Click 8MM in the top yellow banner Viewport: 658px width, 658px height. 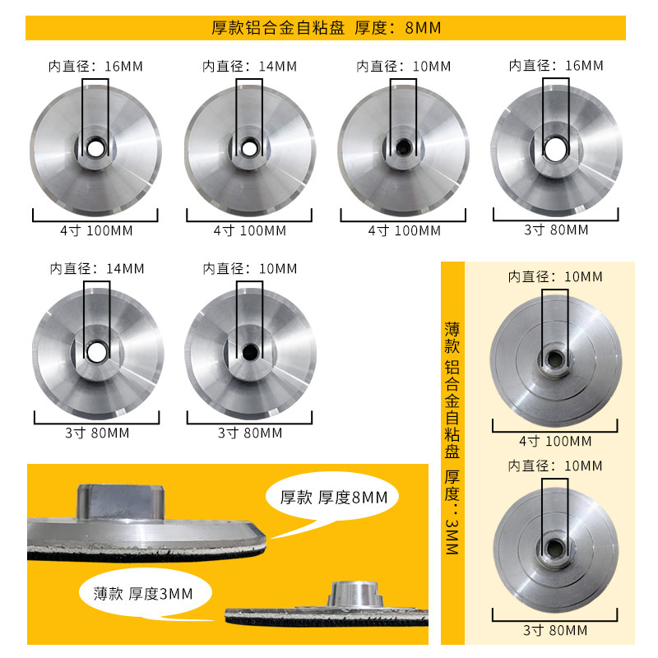(x=423, y=28)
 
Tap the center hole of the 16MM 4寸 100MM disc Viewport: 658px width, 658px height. (x=95, y=149)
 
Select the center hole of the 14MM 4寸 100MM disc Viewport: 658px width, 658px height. (x=249, y=148)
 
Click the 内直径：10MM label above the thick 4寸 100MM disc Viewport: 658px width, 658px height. (x=403, y=67)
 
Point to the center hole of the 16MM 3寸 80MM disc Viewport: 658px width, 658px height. (x=556, y=150)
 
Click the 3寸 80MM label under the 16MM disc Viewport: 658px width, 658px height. (x=556, y=230)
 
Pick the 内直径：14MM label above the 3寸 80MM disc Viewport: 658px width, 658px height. (x=97, y=269)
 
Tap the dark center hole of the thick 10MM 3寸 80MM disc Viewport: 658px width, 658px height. (x=251, y=352)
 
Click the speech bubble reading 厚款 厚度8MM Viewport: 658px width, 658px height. (x=332, y=498)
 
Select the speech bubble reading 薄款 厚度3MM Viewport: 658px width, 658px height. (x=146, y=593)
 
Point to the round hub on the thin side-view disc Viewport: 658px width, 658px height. (x=356, y=594)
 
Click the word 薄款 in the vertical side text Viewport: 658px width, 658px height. (x=452, y=338)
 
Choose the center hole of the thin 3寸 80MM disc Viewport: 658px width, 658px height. (x=555, y=548)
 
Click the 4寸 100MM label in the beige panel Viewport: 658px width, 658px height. (x=555, y=442)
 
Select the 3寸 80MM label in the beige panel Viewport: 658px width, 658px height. (x=555, y=630)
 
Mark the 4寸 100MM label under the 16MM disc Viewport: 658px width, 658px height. (x=96, y=231)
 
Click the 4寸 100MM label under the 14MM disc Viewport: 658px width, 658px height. (x=250, y=231)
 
